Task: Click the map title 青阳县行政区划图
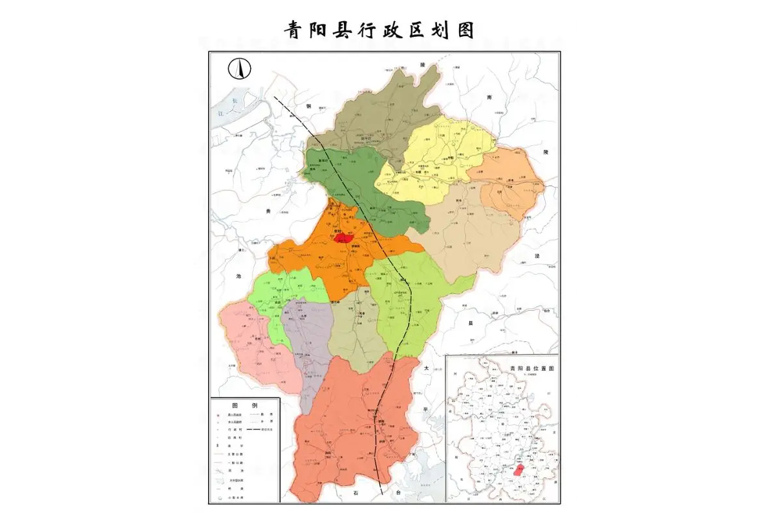click(380, 30)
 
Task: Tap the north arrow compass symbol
click(239, 68)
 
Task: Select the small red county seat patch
click(343, 237)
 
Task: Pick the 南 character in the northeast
click(489, 96)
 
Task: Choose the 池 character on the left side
click(239, 276)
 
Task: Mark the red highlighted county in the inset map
click(518, 468)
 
